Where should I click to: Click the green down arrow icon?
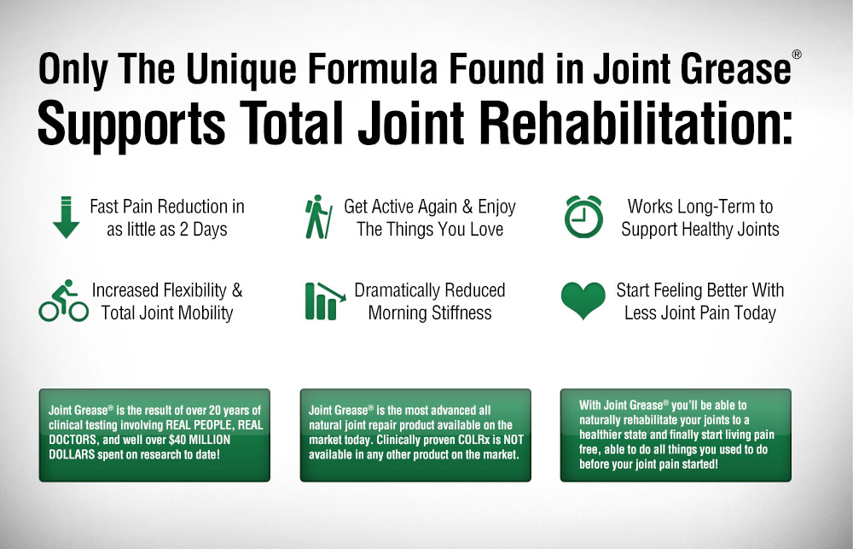point(67,217)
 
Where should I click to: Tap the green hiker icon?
point(319,217)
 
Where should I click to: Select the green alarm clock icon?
point(583,216)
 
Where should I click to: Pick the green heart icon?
point(583,301)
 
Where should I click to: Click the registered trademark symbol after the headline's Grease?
point(797,55)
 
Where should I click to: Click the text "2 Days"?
point(203,230)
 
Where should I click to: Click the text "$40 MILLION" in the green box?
point(200,440)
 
